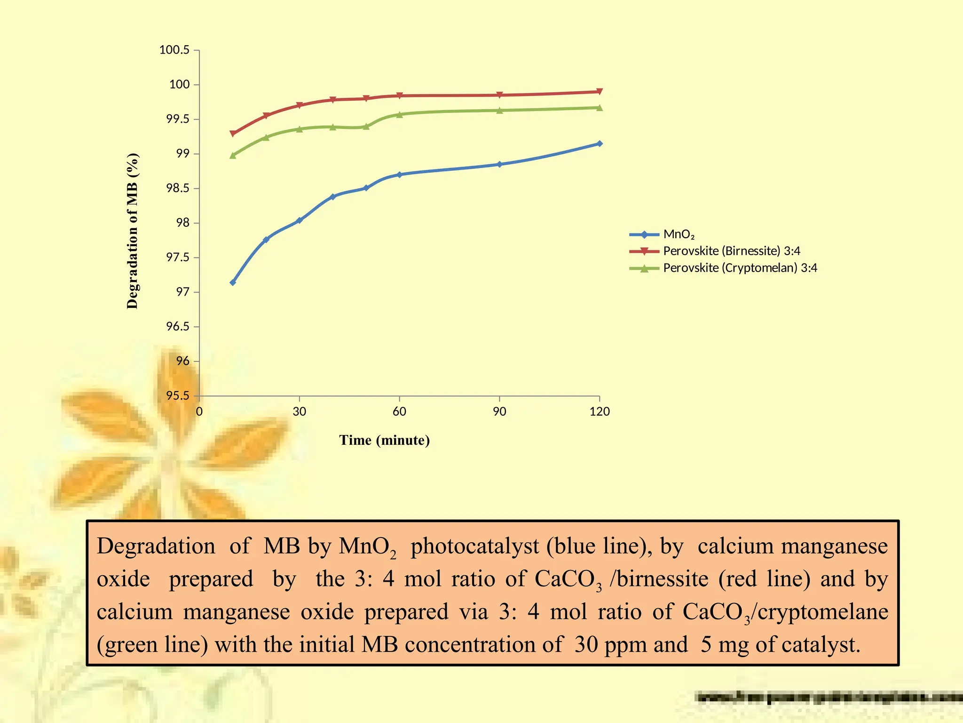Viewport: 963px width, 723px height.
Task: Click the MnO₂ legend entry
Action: (679, 234)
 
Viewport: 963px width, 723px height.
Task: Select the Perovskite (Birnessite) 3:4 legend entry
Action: (731, 251)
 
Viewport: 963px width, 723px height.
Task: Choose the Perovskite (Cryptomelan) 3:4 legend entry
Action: (740, 268)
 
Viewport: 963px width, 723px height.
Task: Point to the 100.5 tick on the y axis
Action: (174, 50)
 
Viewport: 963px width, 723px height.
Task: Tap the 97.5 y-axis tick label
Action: (177, 257)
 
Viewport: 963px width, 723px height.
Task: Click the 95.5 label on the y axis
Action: (177, 396)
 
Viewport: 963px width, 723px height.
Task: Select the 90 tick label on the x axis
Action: (499, 411)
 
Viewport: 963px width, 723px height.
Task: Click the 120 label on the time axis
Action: (600, 411)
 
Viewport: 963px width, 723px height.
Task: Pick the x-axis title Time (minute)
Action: (384, 440)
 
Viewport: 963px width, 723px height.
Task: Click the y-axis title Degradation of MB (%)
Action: (133, 231)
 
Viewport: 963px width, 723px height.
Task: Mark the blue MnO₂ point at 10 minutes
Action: (233, 282)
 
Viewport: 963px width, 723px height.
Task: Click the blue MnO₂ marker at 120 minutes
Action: (600, 144)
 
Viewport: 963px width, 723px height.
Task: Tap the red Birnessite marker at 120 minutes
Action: (600, 92)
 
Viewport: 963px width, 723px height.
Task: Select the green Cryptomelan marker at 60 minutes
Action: (400, 114)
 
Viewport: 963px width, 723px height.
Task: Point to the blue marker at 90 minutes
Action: (499, 164)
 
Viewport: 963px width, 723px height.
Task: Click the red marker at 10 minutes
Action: (233, 134)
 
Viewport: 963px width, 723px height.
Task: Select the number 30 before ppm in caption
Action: (586, 644)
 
